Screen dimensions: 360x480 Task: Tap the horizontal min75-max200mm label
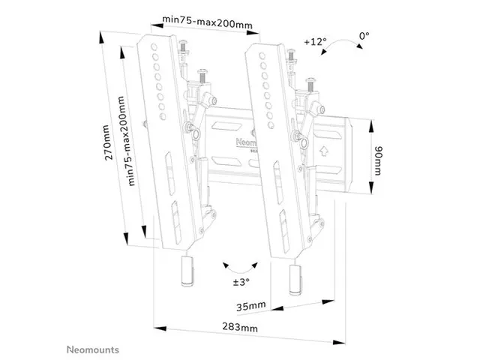click(207, 23)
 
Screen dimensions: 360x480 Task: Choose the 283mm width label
click(240, 328)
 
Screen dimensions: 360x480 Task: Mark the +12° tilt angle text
click(316, 41)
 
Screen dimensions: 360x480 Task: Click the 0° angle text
click(365, 35)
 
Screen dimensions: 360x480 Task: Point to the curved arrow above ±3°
click(239, 265)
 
